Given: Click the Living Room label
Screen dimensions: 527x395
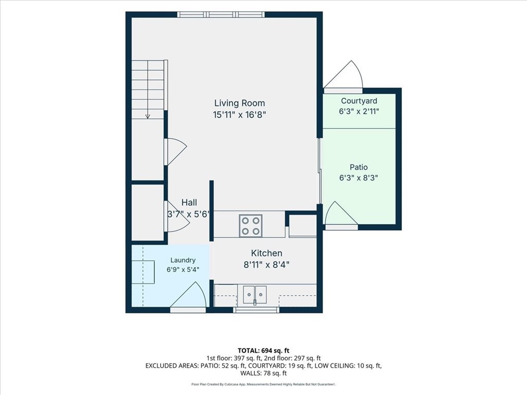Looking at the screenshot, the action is (x=239, y=103).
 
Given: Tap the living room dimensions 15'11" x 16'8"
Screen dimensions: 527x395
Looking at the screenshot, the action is (x=239, y=115).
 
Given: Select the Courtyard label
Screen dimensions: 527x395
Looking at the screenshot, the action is (x=359, y=101).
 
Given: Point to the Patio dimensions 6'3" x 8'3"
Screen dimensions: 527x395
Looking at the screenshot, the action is (x=359, y=177).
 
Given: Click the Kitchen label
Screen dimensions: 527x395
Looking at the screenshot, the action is (x=267, y=253).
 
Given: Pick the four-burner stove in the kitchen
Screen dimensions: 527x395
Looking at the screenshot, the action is (x=251, y=226).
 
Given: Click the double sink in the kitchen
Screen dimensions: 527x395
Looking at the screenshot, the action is (x=255, y=295).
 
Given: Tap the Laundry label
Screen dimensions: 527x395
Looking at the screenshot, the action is (x=183, y=260).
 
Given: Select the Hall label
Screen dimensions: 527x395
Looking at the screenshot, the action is (x=189, y=203).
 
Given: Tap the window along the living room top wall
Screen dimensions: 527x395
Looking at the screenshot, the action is (x=221, y=14).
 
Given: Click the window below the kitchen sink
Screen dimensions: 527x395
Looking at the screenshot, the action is (x=256, y=310).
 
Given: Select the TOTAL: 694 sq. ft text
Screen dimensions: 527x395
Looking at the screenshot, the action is (x=263, y=351).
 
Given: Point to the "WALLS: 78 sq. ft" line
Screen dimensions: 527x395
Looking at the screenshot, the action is (x=263, y=373).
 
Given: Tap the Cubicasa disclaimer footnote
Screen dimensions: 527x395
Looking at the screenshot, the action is (x=263, y=384).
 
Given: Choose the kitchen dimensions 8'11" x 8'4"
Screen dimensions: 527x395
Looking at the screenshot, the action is (x=267, y=265).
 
